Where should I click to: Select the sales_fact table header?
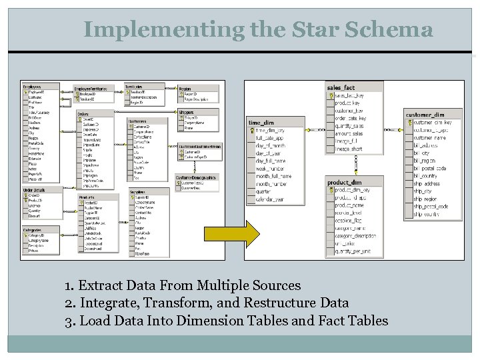coord(341,87)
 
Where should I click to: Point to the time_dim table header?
coord(261,123)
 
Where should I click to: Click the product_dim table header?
coord(345,182)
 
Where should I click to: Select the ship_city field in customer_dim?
coord(424,191)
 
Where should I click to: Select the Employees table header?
coord(32,87)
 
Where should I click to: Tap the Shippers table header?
coord(187,113)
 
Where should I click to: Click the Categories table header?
coord(33,230)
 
